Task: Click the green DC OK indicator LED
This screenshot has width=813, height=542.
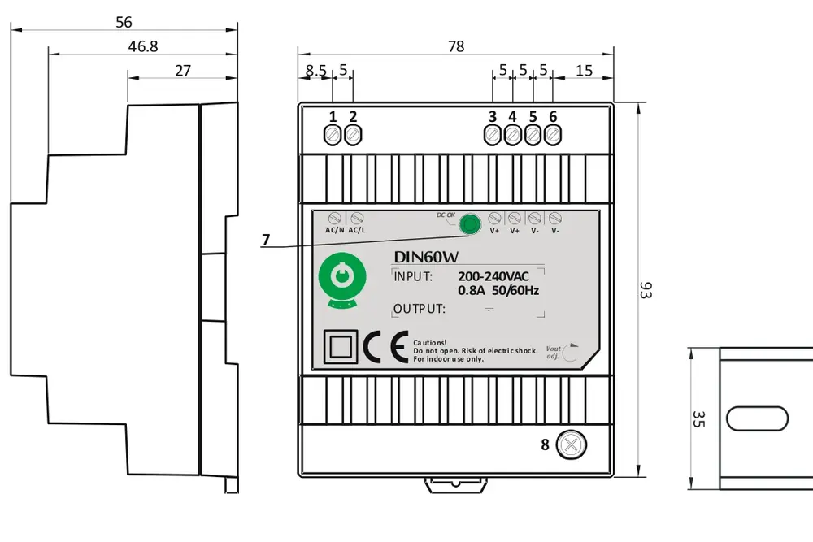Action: click(x=468, y=224)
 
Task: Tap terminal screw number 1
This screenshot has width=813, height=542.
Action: click(x=333, y=135)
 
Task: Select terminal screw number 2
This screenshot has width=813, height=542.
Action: click(x=353, y=135)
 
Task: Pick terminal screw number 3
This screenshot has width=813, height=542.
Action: click(x=493, y=135)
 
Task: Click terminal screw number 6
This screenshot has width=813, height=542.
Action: click(x=553, y=135)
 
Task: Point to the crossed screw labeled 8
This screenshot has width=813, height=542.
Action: click(x=572, y=444)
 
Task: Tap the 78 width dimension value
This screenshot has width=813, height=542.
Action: click(x=456, y=46)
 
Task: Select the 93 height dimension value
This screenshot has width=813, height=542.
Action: click(x=646, y=291)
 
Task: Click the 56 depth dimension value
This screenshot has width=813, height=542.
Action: click(x=124, y=22)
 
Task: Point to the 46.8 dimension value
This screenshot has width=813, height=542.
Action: click(x=142, y=46)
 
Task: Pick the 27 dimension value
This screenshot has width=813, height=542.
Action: click(x=183, y=71)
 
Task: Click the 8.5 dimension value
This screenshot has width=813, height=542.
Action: click(x=315, y=71)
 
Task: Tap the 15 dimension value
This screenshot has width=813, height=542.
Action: click(x=584, y=71)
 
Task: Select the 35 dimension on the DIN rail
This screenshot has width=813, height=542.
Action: click(x=698, y=418)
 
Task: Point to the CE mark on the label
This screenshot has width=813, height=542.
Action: click(x=385, y=347)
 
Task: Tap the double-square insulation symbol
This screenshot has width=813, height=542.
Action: click(x=338, y=347)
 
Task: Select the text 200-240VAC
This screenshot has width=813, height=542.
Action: click(x=493, y=276)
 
